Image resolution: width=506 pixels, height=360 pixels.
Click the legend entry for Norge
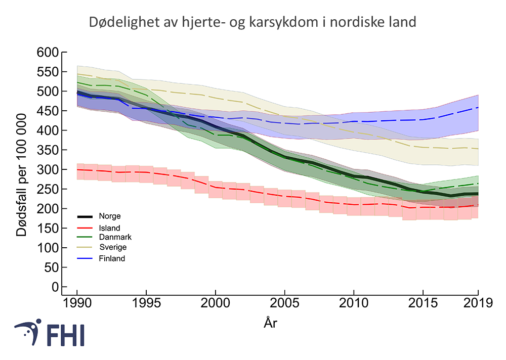click(x=109, y=216)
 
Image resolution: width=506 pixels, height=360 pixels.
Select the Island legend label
click(x=109, y=228)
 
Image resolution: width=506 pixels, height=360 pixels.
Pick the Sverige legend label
click(x=113, y=247)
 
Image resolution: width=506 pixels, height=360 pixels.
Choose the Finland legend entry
click(x=112, y=258)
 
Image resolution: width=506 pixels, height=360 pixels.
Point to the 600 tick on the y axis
click(x=48, y=52)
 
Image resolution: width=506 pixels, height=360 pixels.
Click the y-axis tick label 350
click(x=48, y=150)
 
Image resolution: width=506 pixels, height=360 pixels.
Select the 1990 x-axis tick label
click(x=77, y=303)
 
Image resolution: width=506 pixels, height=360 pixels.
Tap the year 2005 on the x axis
click(x=285, y=303)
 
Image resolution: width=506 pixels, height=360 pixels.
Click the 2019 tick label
click(x=478, y=303)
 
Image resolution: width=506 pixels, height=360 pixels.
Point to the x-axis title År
click(x=271, y=323)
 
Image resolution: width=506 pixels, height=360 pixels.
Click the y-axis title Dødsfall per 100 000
click(x=22, y=169)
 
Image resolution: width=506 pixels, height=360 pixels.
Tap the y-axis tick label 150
click(x=48, y=228)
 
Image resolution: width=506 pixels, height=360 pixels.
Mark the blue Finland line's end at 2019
click(x=478, y=107)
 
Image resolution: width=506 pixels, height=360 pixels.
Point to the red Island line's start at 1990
click(x=77, y=169)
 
